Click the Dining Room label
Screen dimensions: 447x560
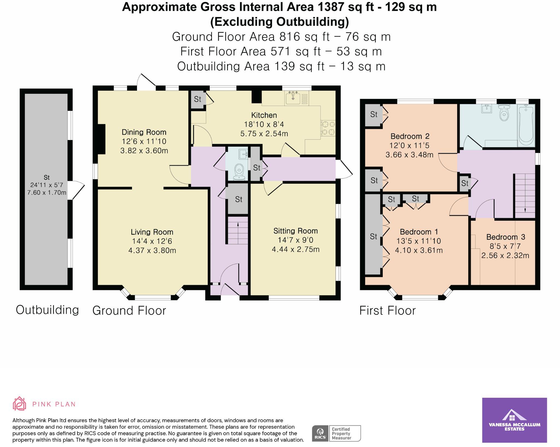[x=144, y=132]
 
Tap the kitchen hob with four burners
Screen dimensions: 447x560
[x=328, y=128]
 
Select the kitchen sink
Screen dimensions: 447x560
[x=293, y=98]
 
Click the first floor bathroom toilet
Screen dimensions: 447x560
[x=504, y=113]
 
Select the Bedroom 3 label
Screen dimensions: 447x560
[x=506, y=237]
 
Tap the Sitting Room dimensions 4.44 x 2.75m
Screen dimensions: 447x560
[x=295, y=249]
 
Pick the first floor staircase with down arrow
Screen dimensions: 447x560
[x=525, y=196]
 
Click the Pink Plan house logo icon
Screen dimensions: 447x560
[x=19, y=404]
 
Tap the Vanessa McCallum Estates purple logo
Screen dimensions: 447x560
[x=514, y=420]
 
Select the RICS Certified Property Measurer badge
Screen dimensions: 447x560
[x=337, y=433]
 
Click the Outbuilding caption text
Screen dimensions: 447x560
[x=47, y=310]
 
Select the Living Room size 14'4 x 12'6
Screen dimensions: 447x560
[x=152, y=241]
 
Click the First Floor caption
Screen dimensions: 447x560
[x=387, y=310]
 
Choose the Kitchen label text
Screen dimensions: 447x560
[x=264, y=115]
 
